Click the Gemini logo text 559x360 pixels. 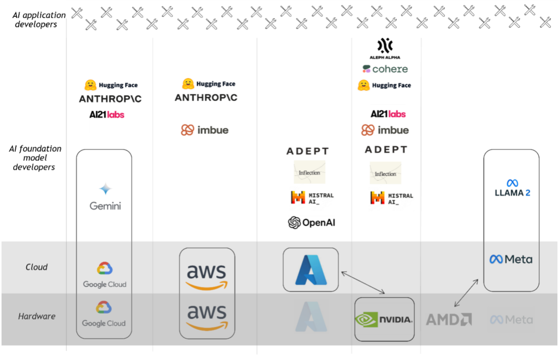(105, 206)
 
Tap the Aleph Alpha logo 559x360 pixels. (385, 49)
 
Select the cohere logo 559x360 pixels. (385, 69)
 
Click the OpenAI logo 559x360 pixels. (312, 223)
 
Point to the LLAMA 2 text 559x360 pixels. (512, 193)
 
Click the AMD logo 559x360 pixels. (448, 320)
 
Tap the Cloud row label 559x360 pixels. (37, 267)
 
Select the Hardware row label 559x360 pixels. (37, 316)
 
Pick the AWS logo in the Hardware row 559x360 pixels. (207, 317)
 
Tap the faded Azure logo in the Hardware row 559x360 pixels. (311, 316)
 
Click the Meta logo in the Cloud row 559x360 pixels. (511, 259)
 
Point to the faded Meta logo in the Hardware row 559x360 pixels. (511, 320)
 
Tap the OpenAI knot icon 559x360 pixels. (295, 223)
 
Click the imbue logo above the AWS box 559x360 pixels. (205, 130)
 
